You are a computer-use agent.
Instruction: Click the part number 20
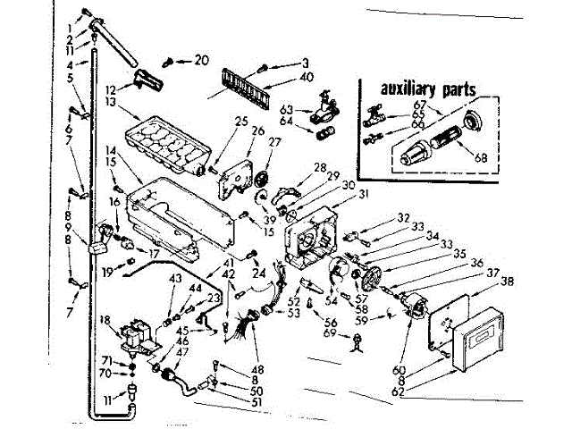coord(200,60)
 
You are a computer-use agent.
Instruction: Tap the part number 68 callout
coord(482,158)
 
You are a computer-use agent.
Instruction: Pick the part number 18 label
coord(105,319)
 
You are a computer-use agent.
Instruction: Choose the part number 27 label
coord(273,141)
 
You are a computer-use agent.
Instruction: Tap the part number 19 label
coord(107,271)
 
